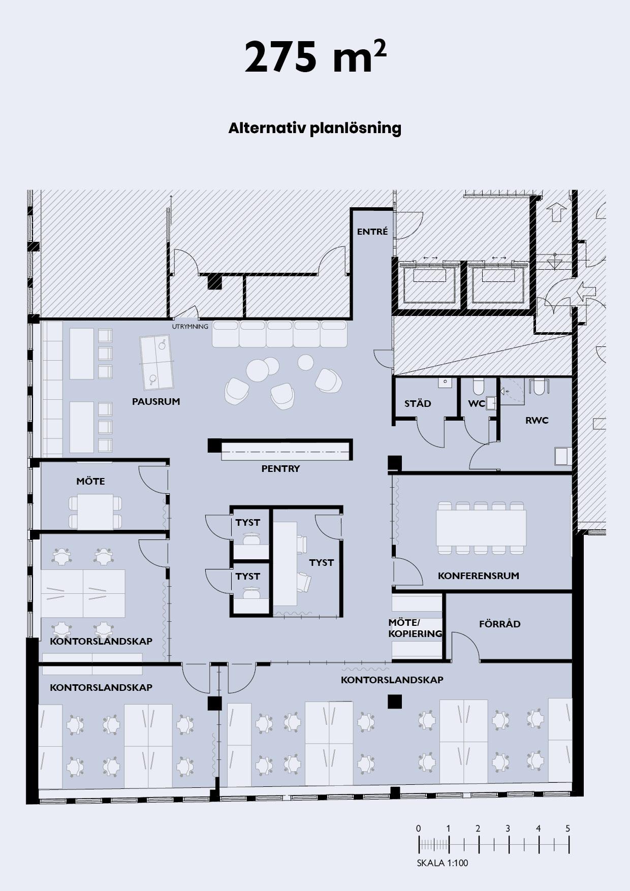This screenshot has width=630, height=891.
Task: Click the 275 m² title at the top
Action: point(315,57)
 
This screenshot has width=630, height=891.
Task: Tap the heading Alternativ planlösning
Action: point(314,129)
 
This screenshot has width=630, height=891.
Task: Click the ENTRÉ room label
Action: point(372,232)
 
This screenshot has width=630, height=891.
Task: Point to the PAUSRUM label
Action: point(156,401)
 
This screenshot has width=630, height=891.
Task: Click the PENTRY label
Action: point(280,469)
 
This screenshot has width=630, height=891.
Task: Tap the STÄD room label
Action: point(418,404)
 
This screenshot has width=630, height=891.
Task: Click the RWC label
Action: point(537,421)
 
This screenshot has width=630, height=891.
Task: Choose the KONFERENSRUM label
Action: point(479,576)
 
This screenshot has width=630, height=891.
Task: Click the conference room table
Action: point(481,528)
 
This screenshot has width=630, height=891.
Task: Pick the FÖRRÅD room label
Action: point(500,624)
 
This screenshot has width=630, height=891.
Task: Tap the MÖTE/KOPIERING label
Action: point(415,628)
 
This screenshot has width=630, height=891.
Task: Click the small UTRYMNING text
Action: point(190,327)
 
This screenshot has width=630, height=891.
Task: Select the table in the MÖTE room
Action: point(96,512)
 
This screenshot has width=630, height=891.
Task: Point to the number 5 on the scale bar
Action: point(568,829)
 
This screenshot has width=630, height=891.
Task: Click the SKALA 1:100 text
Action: point(443,863)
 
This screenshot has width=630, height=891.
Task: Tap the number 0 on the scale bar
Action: point(418,829)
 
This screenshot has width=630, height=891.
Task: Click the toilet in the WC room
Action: point(478,387)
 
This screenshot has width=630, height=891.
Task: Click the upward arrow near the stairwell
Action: point(556,212)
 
